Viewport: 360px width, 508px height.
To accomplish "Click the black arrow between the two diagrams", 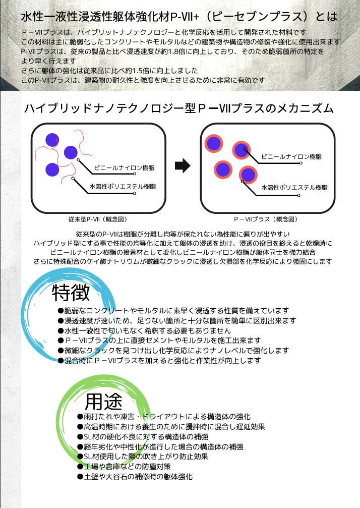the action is click(183, 165).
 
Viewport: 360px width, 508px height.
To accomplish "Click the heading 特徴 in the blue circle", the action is click(71, 293).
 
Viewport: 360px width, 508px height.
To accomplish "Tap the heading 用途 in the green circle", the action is click(103, 402).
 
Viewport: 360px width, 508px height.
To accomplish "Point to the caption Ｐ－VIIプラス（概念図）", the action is click(266, 219).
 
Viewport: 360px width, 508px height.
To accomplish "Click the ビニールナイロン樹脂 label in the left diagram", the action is click(125, 168).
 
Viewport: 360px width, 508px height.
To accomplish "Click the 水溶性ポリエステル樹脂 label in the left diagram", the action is click(123, 187).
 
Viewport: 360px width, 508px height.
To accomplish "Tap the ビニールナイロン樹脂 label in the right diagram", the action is click(291, 157).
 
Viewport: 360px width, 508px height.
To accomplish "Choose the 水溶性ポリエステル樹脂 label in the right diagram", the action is click(294, 188).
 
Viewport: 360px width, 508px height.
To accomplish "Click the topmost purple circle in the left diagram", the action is click(52, 140).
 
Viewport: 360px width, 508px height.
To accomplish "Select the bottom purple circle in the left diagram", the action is click(52, 170).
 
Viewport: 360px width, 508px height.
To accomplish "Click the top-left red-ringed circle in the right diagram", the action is click(214, 143).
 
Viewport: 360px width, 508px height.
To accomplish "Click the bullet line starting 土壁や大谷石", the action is click(135, 477).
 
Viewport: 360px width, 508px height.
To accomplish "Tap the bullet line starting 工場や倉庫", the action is click(124, 467).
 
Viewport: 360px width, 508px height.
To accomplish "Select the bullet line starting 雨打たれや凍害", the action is click(164, 417).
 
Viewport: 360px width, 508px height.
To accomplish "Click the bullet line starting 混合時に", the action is click(159, 360).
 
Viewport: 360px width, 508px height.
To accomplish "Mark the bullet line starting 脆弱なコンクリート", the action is click(173, 311).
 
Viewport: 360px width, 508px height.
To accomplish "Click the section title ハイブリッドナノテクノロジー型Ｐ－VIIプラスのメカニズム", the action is click(179, 108).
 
